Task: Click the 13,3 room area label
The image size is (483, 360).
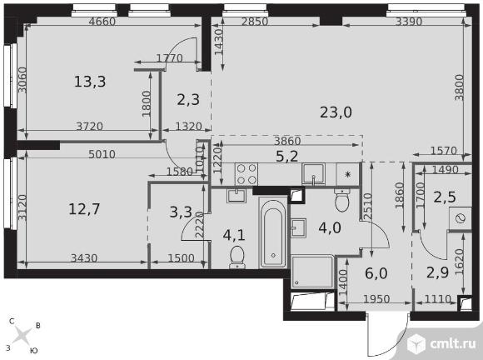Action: click(90, 82)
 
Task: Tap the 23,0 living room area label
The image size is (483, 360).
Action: click(336, 112)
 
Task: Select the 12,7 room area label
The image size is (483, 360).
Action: click(84, 209)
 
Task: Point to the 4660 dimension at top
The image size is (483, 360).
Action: click(102, 22)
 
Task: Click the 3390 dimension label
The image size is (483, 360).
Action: click(409, 22)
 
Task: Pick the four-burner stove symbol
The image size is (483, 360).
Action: click(246, 174)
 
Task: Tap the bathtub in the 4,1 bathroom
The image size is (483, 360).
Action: click(273, 233)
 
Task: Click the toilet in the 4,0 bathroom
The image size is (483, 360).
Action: click(341, 199)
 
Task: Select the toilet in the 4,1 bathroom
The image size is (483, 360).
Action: click(237, 257)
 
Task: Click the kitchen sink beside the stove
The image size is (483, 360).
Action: click(313, 174)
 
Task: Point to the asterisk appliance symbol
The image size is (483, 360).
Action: click(348, 174)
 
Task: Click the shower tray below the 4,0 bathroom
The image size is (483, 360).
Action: click(312, 272)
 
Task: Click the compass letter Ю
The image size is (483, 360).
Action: click(34, 351)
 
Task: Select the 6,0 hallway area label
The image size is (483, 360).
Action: click(376, 273)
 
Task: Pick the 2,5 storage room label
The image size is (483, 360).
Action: click(445, 197)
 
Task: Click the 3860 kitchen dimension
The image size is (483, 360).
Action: click(287, 141)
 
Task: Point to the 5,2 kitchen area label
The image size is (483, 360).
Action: click(286, 157)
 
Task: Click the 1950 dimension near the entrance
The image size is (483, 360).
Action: click(376, 298)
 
